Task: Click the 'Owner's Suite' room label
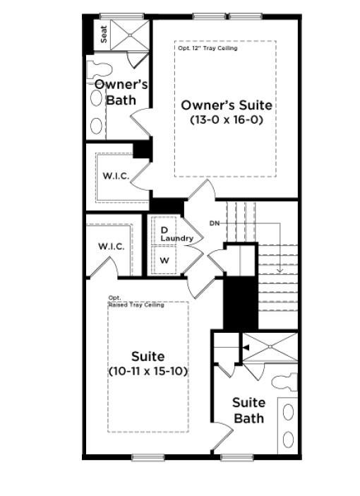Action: pos(226,105)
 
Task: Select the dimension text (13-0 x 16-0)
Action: pos(226,120)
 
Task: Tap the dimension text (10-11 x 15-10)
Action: pos(148,371)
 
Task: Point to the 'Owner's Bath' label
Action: pos(121,92)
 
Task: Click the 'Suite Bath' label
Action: pos(249,410)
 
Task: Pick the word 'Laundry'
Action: pos(176,239)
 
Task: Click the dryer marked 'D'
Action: pos(164,230)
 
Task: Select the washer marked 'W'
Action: pos(164,260)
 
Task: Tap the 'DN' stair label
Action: pos(215,224)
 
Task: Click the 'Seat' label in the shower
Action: pos(104,35)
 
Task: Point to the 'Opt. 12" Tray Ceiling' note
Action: pos(207,48)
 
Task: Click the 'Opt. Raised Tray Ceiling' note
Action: pos(136,302)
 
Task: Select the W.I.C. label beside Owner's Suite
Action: pos(116,176)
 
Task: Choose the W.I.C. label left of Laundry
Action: pos(112,247)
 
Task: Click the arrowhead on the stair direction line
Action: pos(280,270)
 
